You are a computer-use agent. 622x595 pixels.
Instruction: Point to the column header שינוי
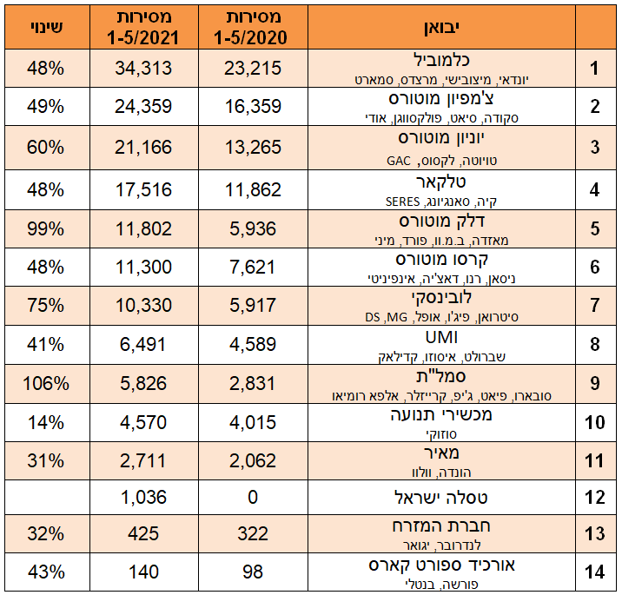[45, 26]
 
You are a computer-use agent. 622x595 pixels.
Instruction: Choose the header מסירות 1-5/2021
[143, 27]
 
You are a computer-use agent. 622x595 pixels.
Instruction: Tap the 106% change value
[45, 383]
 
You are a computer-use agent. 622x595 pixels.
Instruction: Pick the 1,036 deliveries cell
[143, 499]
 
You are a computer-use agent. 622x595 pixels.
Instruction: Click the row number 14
[595, 572]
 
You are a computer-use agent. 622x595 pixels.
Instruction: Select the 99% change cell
[45, 229]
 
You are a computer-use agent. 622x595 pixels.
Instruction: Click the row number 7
[595, 306]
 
